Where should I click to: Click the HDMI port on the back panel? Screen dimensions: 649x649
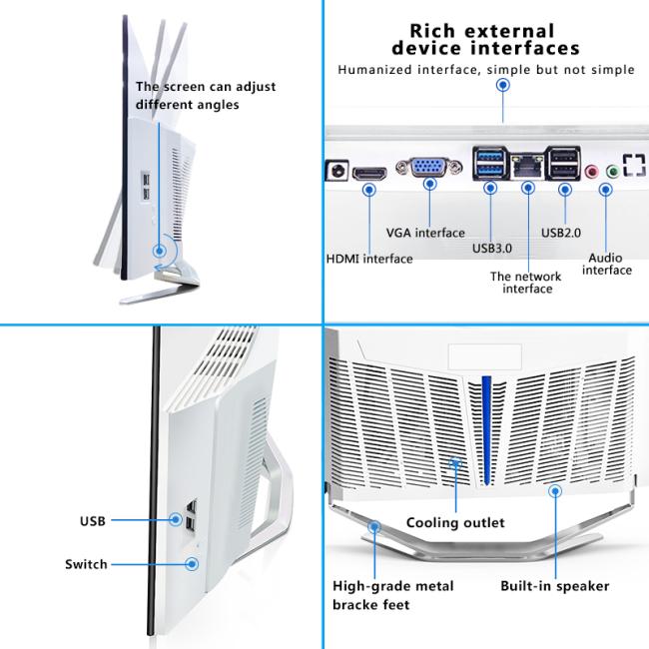(369, 173)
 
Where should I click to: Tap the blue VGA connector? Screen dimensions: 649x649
(429, 167)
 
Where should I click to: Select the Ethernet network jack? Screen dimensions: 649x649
(527, 167)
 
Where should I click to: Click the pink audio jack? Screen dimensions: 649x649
(592, 171)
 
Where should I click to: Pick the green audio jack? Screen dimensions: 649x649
(613, 171)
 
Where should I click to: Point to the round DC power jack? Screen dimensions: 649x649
(338, 170)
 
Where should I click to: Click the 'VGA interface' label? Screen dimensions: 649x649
(425, 233)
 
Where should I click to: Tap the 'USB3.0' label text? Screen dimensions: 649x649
(492, 249)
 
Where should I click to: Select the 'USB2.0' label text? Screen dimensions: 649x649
(561, 233)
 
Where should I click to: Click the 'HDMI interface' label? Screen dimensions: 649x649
(369, 260)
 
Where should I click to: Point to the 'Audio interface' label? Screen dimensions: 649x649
(607, 264)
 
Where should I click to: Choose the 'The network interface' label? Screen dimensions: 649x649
(526, 283)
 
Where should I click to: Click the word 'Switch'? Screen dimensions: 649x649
(86, 564)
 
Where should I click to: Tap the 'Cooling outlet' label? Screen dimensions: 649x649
(455, 523)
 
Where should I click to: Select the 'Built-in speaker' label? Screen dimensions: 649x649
(554, 586)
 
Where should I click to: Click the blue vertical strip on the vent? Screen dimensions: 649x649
(487, 430)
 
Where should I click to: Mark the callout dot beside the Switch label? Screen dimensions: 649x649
(192, 564)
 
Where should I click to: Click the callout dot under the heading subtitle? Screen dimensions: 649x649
(503, 85)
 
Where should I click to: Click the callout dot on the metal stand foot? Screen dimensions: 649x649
(374, 527)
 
